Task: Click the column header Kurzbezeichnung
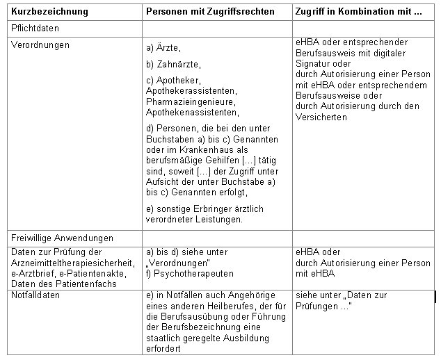pyautogui.click(x=50, y=11)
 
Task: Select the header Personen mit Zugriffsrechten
pyautogui.click(x=210, y=11)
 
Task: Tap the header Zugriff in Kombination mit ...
pyautogui.click(x=359, y=11)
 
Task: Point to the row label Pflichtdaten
pyautogui.click(x=35, y=28)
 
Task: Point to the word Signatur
pyautogui.click(x=313, y=63)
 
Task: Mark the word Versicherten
pyautogui.click(x=321, y=117)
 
